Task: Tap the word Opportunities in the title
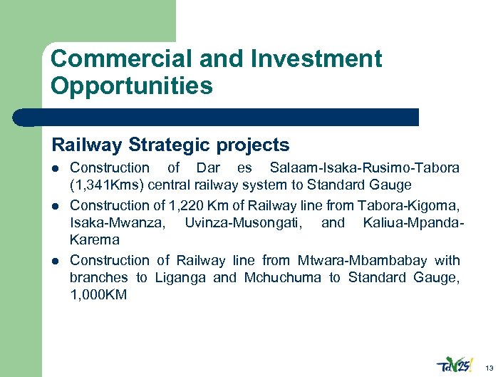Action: [132, 86]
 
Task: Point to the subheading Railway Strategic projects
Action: [170, 145]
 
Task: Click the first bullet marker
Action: [56, 169]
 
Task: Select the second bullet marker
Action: [56, 207]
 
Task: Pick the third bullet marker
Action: [56, 261]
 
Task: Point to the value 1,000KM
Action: [98, 294]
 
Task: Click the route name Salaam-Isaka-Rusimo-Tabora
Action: [365, 168]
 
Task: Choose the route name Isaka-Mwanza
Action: [117, 223]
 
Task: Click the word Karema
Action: [94, 239]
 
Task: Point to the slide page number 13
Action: [489, 368]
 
